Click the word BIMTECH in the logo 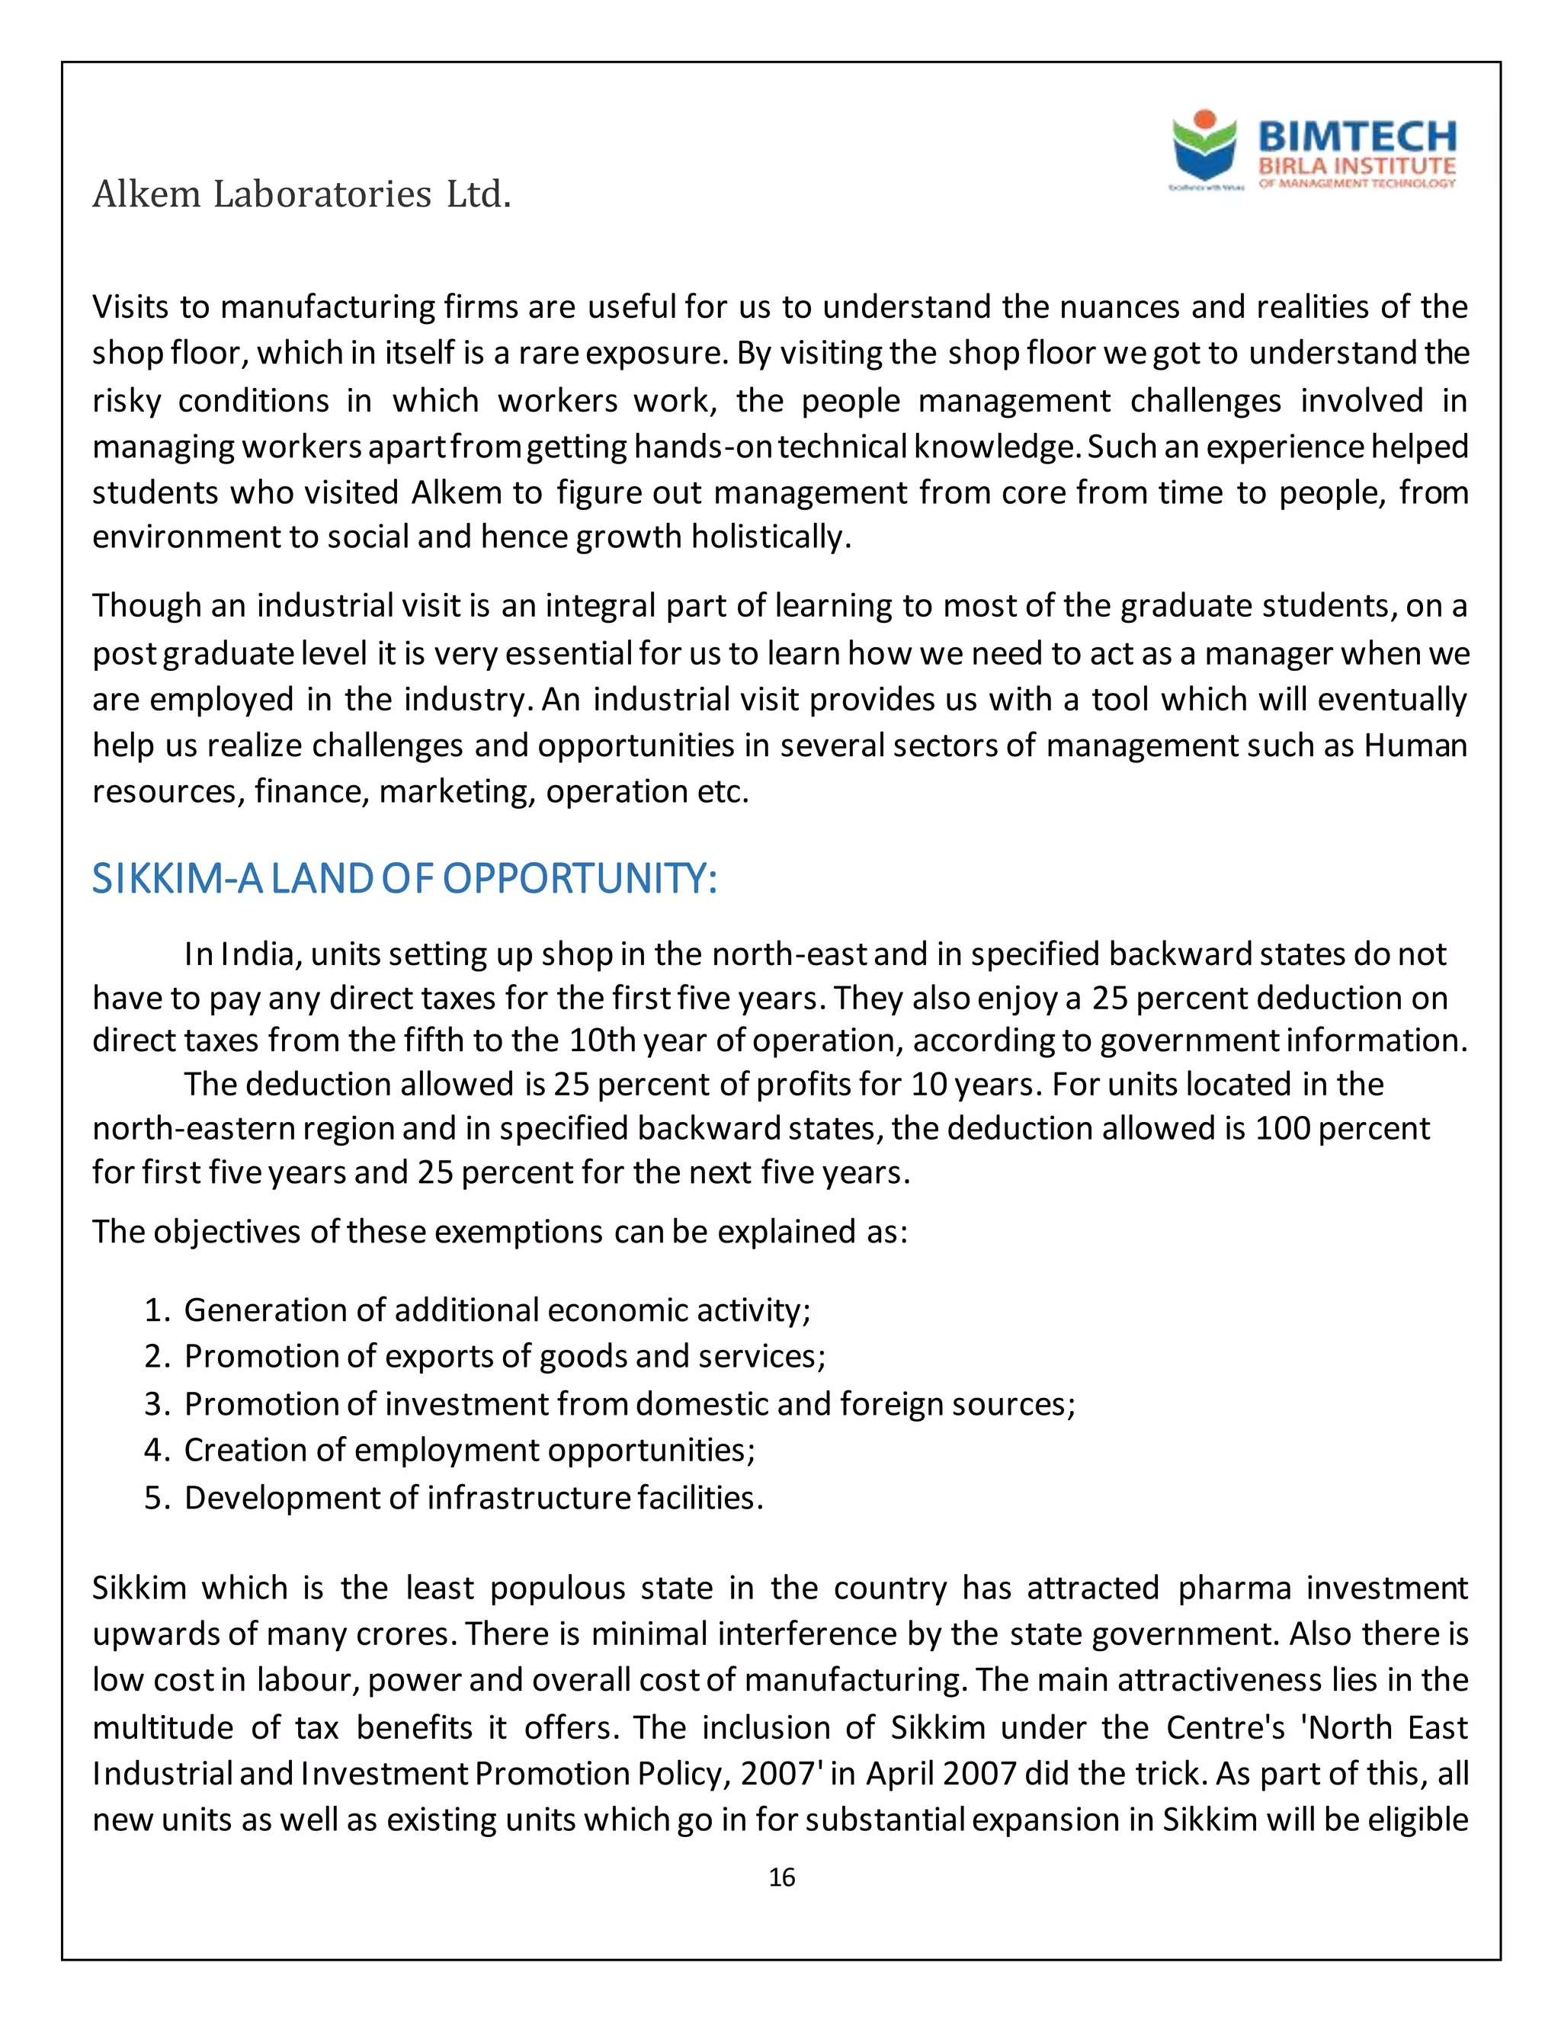[x=1357, y=137]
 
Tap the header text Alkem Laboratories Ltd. [x=302, y=194]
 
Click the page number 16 [x=781, y=1877]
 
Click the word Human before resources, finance [x=1415, y=745]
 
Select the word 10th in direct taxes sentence [x=602, y=1040]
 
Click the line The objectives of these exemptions [x=499, y=1232]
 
